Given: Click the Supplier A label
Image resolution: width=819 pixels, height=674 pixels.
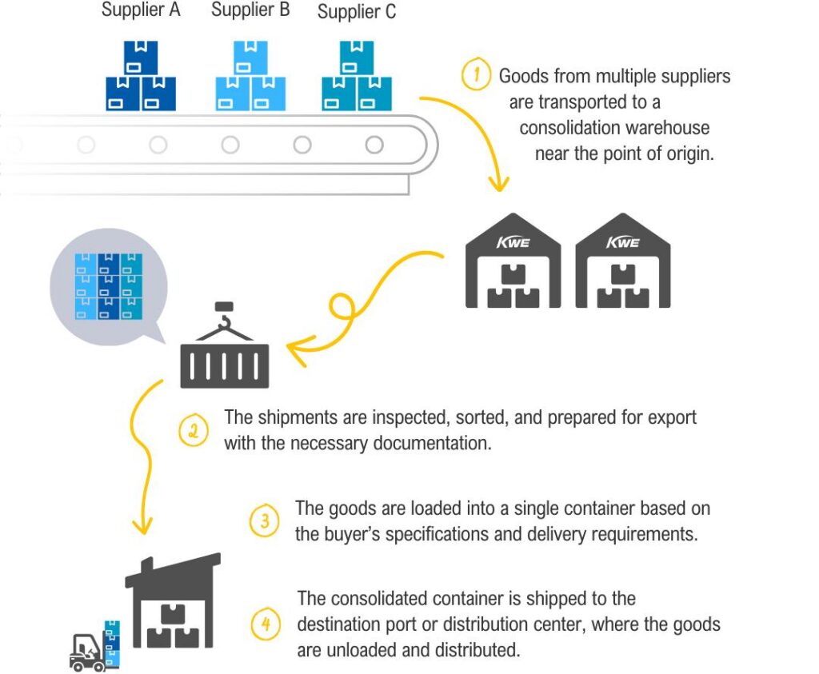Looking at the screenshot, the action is tap(141, 10).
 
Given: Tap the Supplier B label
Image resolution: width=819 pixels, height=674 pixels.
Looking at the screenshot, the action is tap(250, 10).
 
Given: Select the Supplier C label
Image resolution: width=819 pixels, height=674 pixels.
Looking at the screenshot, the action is tap(357, 11).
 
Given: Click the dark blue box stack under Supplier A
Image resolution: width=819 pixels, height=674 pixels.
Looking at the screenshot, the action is tap(141, 76).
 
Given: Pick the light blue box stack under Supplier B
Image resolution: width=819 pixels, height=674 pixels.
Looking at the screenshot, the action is tap(250, 76).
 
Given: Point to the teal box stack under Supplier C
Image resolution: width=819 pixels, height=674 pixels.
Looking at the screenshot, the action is tap(357, 76).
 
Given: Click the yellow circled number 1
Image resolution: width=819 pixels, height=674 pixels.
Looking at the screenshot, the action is tap(476, 74).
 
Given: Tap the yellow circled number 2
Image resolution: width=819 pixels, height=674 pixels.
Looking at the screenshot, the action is tap(194, 431).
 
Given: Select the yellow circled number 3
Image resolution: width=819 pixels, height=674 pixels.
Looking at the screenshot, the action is tap(264, 520).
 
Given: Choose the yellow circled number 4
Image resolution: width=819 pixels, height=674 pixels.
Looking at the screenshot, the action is tap(266, 624).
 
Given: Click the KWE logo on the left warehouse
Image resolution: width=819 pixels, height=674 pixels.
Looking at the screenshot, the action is tap(513, 243).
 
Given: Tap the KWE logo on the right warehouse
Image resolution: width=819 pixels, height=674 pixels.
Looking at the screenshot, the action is tap(622, 243).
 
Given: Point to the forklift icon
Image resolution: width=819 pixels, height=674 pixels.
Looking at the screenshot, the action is tap(86, 652).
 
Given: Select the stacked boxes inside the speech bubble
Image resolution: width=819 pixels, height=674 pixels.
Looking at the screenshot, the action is tap(109, 286).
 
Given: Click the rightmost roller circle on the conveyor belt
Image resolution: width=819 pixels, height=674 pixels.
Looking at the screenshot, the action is tap(374, 145).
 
